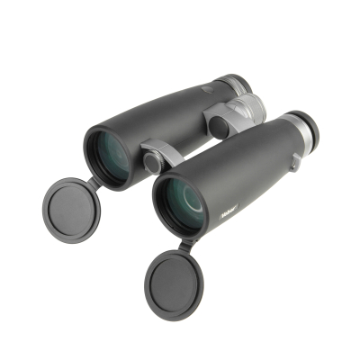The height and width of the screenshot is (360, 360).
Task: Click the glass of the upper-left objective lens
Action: (x=109, y=155)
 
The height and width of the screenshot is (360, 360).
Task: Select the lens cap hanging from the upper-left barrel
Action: (x=69, y=206)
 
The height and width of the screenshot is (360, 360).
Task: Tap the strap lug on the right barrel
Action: (x=295, y=161)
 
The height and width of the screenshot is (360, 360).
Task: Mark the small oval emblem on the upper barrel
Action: (x=207, y=89)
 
